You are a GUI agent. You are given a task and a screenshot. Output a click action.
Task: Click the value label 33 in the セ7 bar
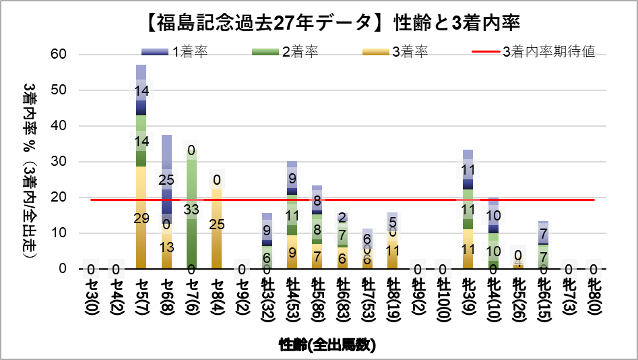click(x=192, y=210)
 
